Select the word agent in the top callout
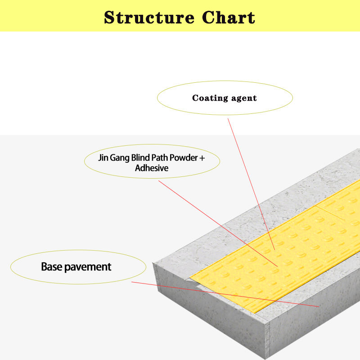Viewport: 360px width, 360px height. tap(243, 98)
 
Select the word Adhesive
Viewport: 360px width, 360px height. tap(152, 168)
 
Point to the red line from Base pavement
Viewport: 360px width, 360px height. tap(225, 294)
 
